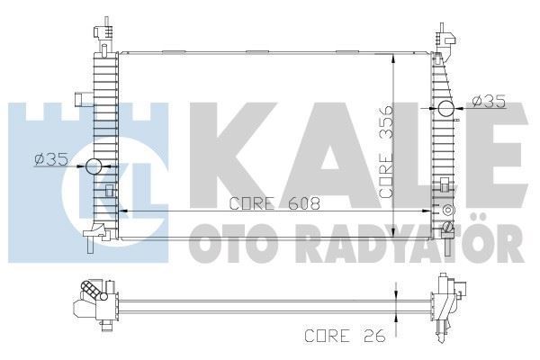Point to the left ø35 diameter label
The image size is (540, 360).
(51, 160)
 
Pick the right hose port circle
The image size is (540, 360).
(446, 111)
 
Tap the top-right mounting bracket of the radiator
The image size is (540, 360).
(444, 40)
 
